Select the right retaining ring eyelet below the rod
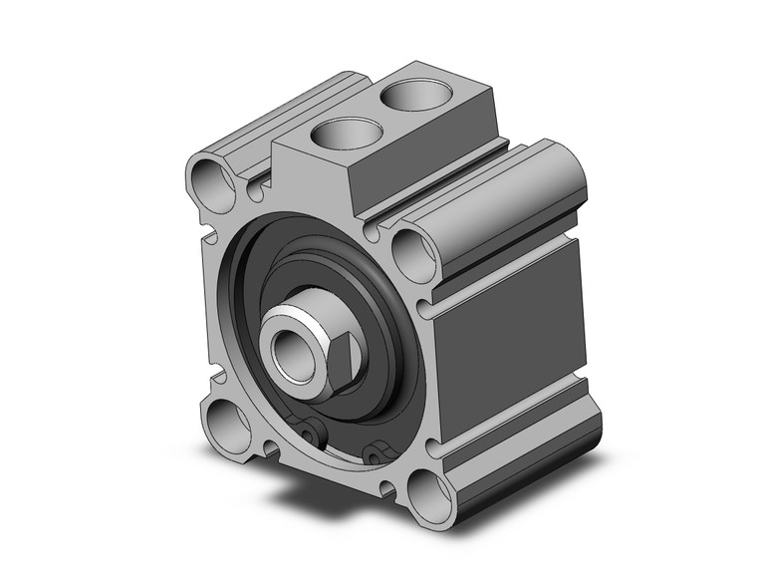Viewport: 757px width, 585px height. (376, 454)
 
